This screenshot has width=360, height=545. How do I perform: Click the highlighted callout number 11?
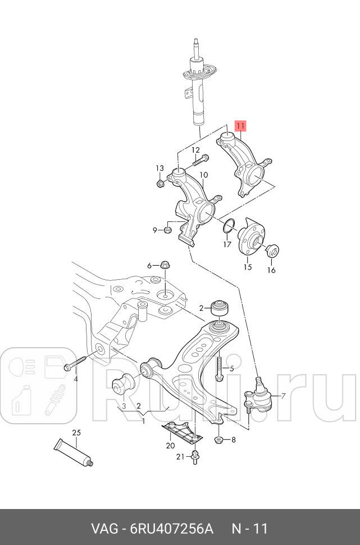(x=240, y=127)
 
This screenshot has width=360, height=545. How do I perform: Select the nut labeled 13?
(x=160, y=183)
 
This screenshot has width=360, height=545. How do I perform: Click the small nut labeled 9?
(x=167, y=229)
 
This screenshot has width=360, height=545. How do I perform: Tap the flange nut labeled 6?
(x=165, y=265)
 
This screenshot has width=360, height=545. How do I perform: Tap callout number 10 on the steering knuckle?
(x=203, y=175)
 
